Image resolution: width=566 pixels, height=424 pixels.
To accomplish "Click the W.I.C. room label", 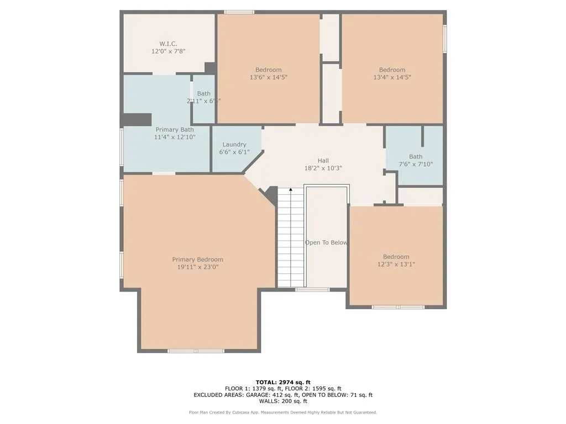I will pos(168,44).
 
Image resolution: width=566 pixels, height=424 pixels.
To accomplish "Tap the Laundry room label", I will pos(234,145).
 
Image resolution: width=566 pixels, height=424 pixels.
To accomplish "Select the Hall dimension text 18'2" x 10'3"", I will pos(323,168).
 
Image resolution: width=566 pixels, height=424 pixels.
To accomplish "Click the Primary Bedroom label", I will pos(197,259).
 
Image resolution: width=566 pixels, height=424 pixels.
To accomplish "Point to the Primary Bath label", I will pos(175,130).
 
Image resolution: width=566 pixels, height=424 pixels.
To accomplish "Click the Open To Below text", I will pos(326,242).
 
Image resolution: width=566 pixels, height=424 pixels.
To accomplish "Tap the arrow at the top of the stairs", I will pos(291,190).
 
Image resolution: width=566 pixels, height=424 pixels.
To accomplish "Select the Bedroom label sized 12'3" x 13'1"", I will pos(396,257).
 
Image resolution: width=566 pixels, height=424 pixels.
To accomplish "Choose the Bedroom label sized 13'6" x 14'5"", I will pos(268,70).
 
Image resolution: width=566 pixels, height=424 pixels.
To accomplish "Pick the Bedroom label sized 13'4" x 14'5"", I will pos(392,70).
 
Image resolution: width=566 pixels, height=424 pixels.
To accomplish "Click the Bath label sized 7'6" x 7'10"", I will pos(416,157).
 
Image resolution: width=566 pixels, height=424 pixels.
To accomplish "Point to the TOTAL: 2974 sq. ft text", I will pos(283,382).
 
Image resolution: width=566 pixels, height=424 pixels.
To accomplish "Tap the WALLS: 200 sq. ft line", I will pos(283,401).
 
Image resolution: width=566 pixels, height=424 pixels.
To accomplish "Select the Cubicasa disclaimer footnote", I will pos(283,412).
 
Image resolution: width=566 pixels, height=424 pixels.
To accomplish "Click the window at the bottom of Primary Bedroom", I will pos(196,351).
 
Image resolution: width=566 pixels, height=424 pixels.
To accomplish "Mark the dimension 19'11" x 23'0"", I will pos(197,267).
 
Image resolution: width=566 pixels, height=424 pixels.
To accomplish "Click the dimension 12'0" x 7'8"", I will pos(168,51).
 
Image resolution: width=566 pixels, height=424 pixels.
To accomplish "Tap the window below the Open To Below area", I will pos(312,289).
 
